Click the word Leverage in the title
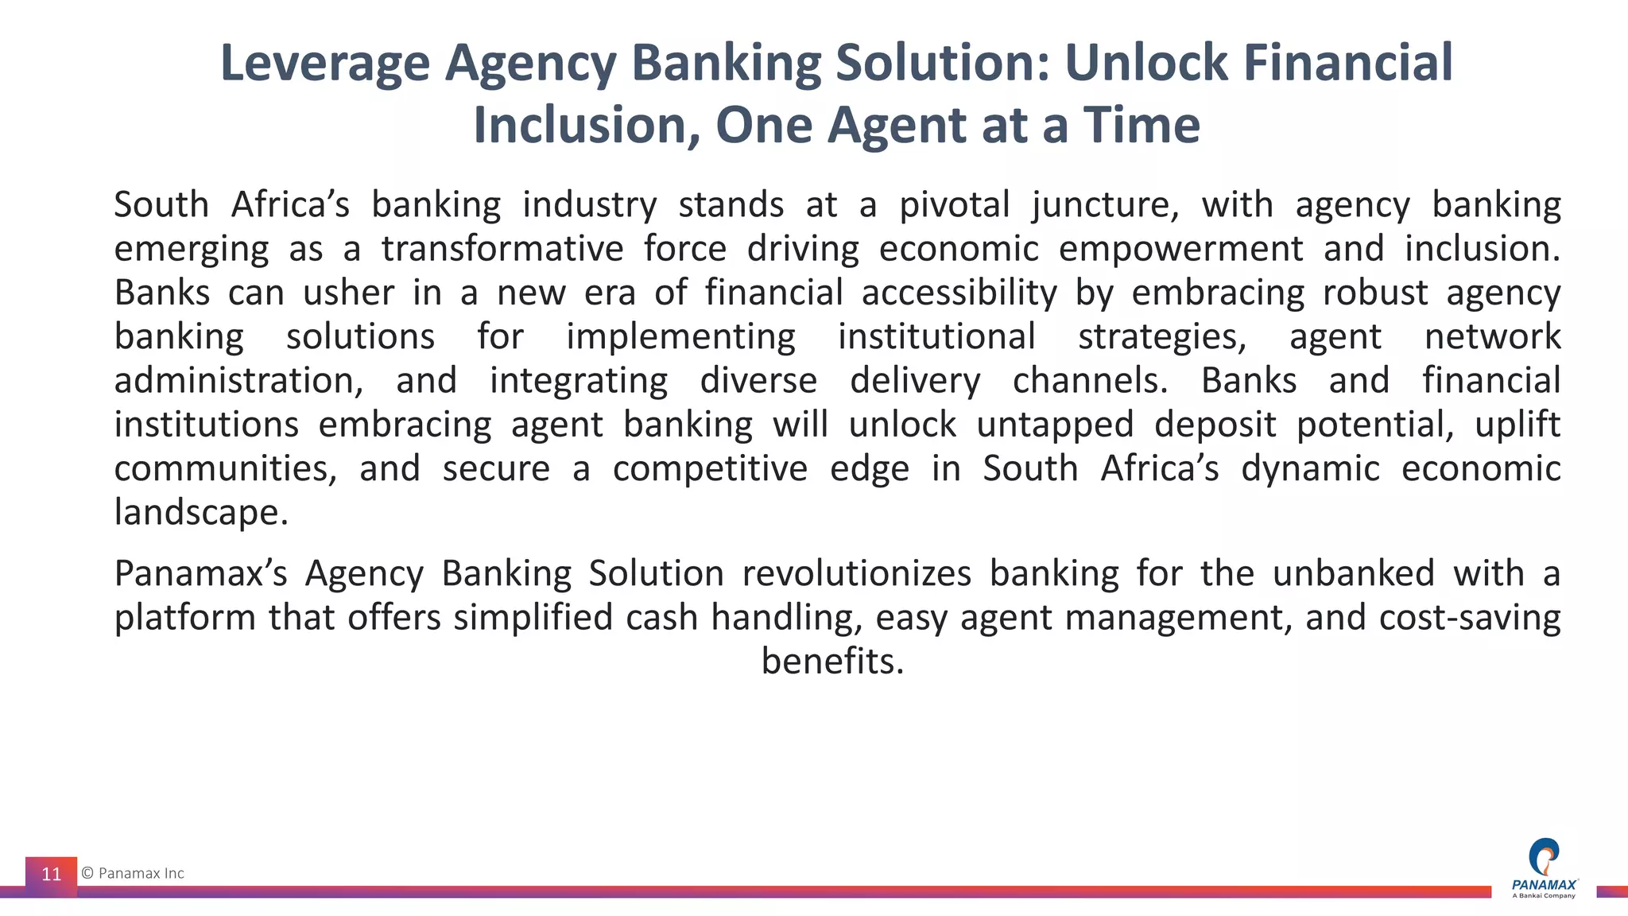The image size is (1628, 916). [324, 64]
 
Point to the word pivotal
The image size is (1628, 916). [954, 205]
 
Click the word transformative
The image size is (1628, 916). [502, 249]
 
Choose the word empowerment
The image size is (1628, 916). [1180, 249]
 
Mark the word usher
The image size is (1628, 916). [348, 293]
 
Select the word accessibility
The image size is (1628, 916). [959, 293]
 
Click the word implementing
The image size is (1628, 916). [680, 337]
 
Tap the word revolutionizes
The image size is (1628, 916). [856, 573]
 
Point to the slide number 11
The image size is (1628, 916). [52, 875]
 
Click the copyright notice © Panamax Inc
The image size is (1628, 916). [133, 873]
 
